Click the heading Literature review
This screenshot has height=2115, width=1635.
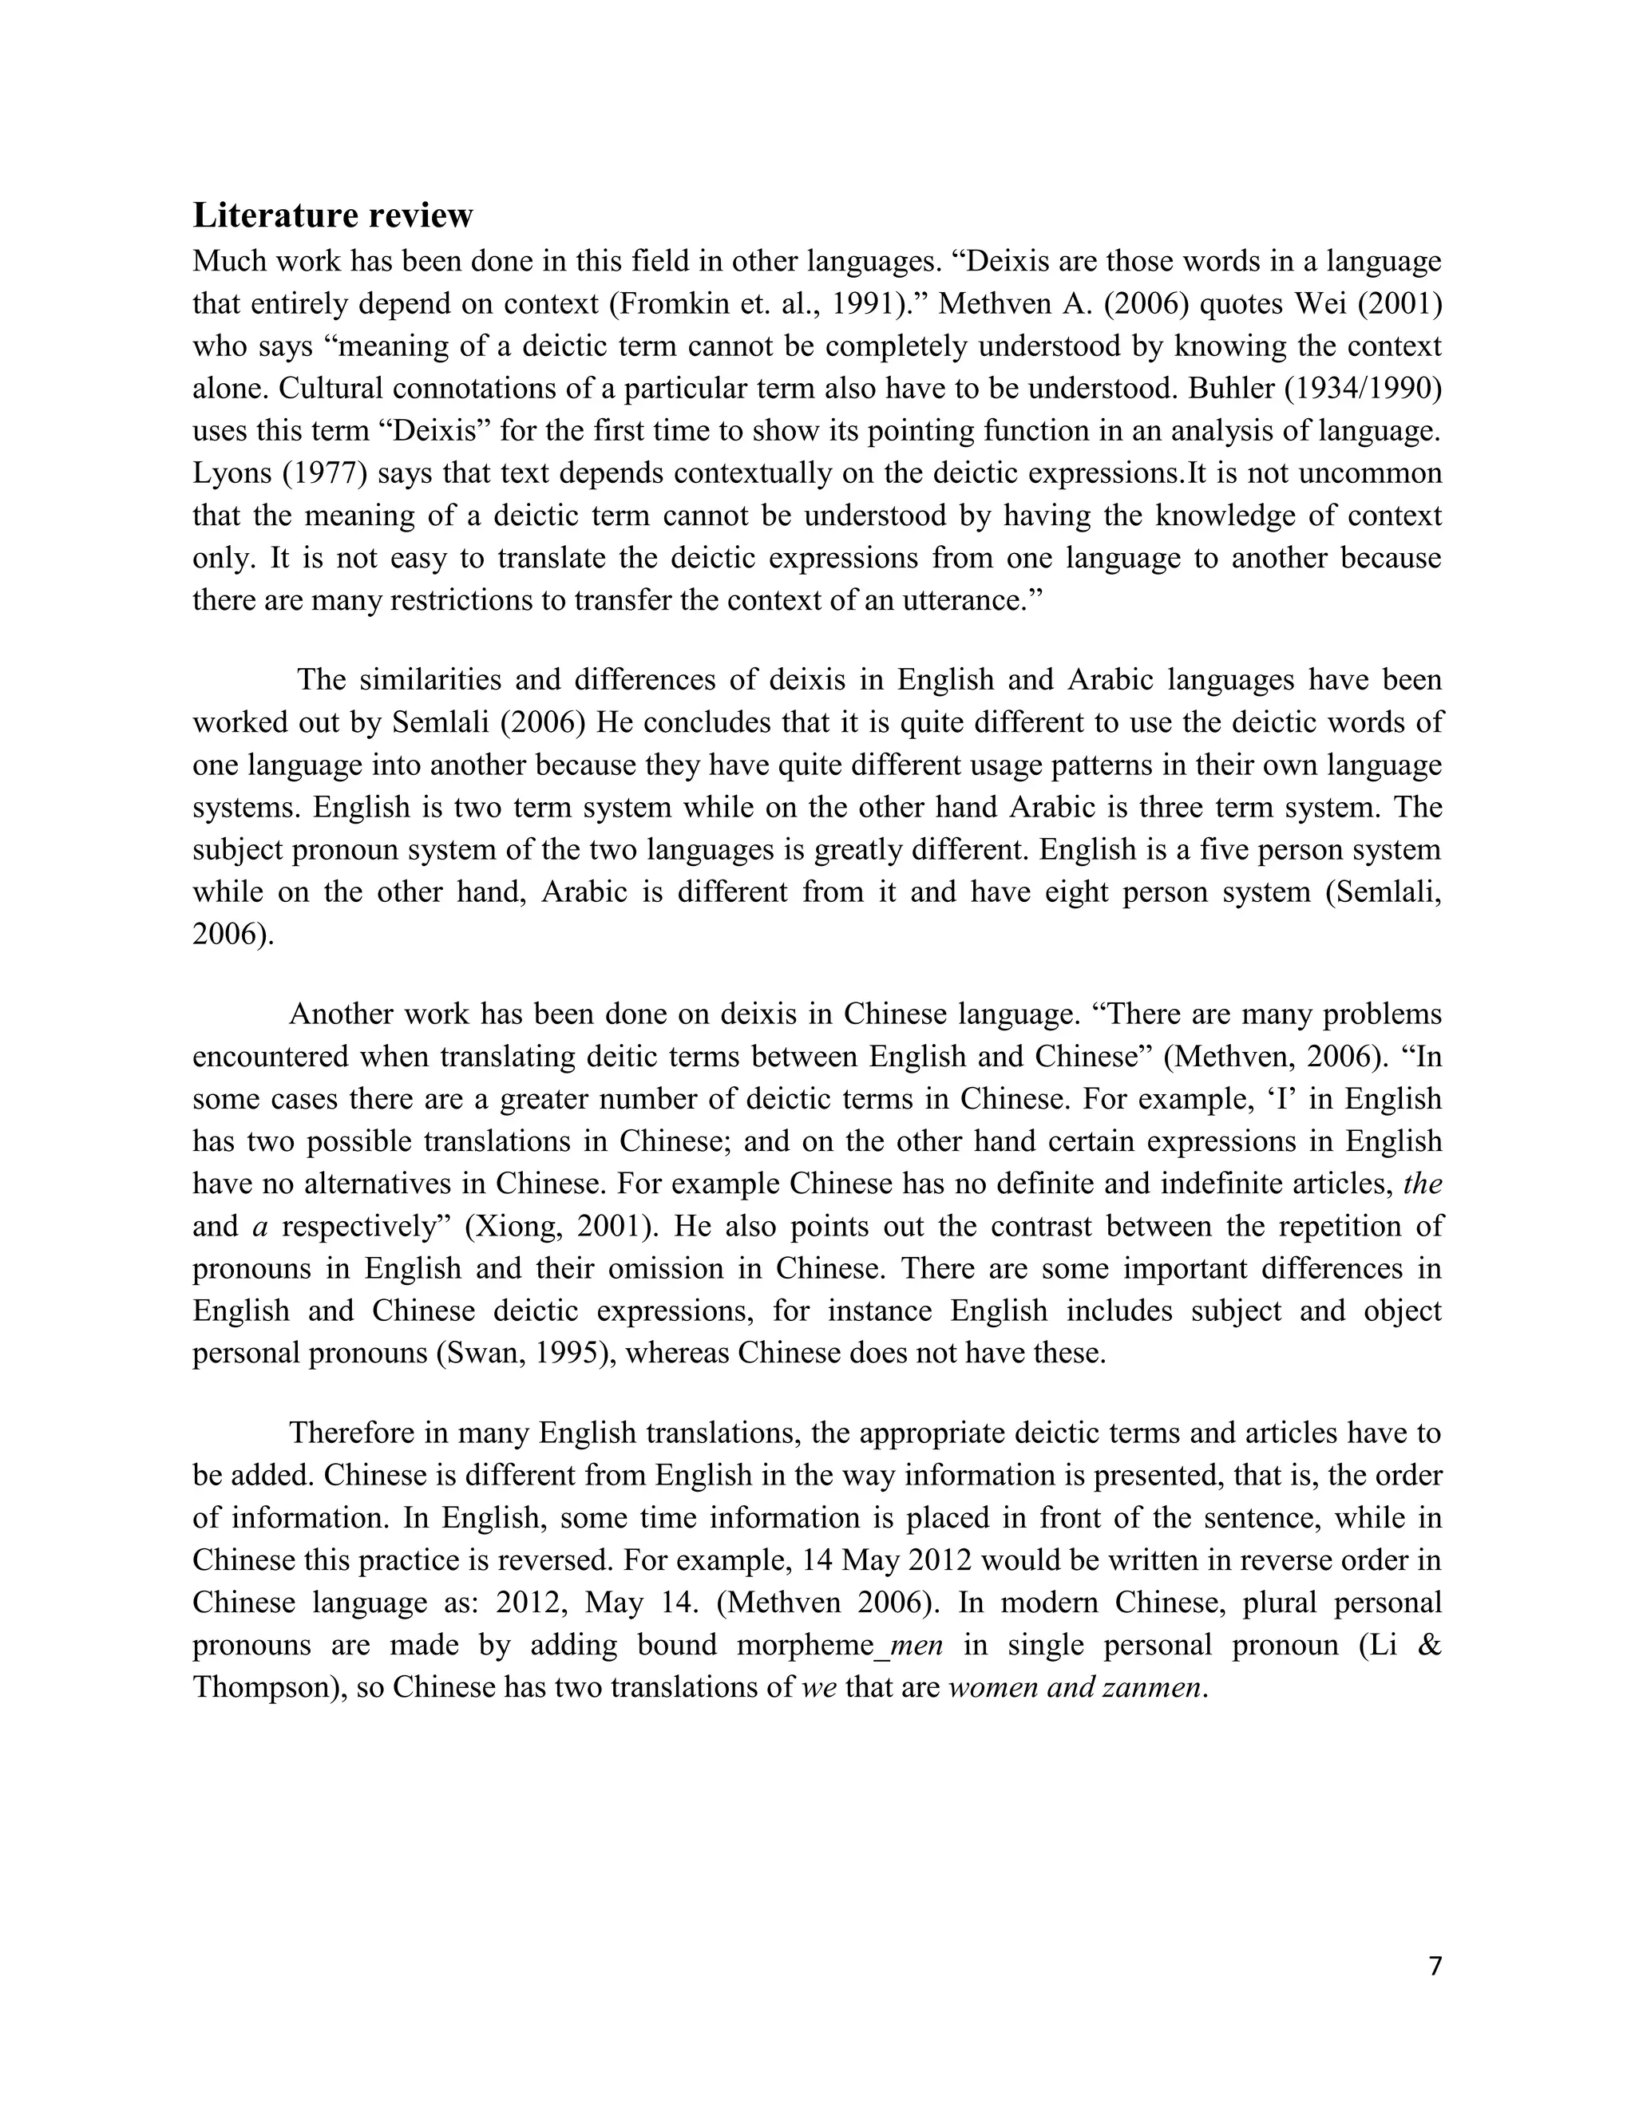332,215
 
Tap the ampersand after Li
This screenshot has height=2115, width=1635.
1429,1647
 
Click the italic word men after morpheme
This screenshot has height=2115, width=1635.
916,1647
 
